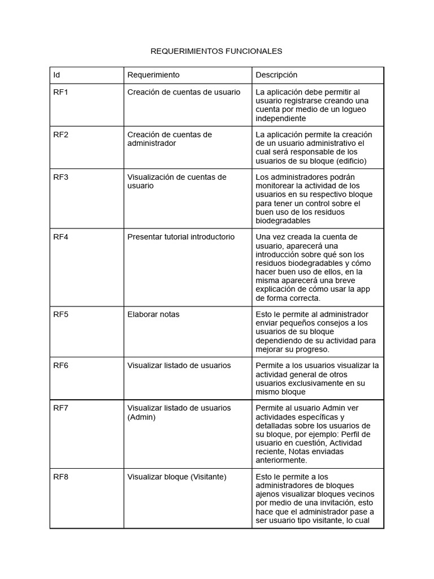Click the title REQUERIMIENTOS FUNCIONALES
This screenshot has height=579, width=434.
[x=216, y=51]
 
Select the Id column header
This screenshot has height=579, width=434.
[x=57, y=75]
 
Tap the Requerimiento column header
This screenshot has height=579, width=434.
[x=153, y=75]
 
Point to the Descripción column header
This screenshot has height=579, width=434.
[x=276, y=75]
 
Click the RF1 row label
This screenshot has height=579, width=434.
[x=60, y=92]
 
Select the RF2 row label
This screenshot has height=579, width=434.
[x=60, y=135]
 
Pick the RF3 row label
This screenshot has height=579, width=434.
[x=60, y=177]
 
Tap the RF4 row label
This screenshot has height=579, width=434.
[x=60, y=237]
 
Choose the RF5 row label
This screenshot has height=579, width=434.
[x=60, y=314]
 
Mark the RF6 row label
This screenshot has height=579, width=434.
[x=60, y=366]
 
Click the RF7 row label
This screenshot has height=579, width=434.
[x=60, y=408]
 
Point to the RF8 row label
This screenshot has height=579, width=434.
[x=60, y=477]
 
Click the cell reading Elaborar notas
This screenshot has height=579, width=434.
[x=153, y=314]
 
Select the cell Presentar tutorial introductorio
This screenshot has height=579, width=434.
[x=181, y=237]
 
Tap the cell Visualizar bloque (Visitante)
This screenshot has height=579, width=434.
[x=177, y=477]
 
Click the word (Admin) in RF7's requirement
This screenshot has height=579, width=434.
[x=141, y=417]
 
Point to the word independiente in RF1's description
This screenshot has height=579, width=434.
[x=281, y=119]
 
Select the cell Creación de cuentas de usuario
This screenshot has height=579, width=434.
[x=184, y=92]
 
